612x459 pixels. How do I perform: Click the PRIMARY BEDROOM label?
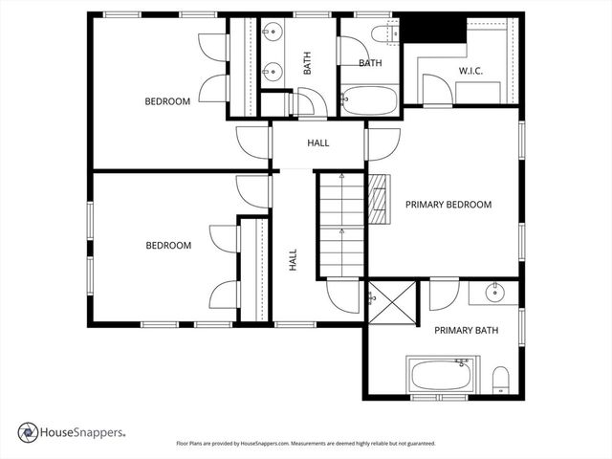coord(448,205)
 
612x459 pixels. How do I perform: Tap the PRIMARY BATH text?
coord(466,331)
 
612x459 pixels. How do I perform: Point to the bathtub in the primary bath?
coord(439,374)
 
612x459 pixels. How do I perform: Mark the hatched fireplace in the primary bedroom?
coord(381,198)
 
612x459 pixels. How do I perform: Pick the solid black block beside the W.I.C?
coord(430,28)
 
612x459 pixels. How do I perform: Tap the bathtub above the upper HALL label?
coord(368,99)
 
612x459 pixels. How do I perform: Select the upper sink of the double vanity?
coord(273,34)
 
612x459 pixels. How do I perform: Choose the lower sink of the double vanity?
coord(273,70)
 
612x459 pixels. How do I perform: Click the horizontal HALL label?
coord(318,143)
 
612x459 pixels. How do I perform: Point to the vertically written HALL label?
coord(293,259)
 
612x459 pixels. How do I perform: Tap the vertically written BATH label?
coord(308,64)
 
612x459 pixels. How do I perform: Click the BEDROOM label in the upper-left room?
coord(167,101)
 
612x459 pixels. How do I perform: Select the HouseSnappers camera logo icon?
coord(29,432)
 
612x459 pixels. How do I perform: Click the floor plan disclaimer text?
coord(306,444)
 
